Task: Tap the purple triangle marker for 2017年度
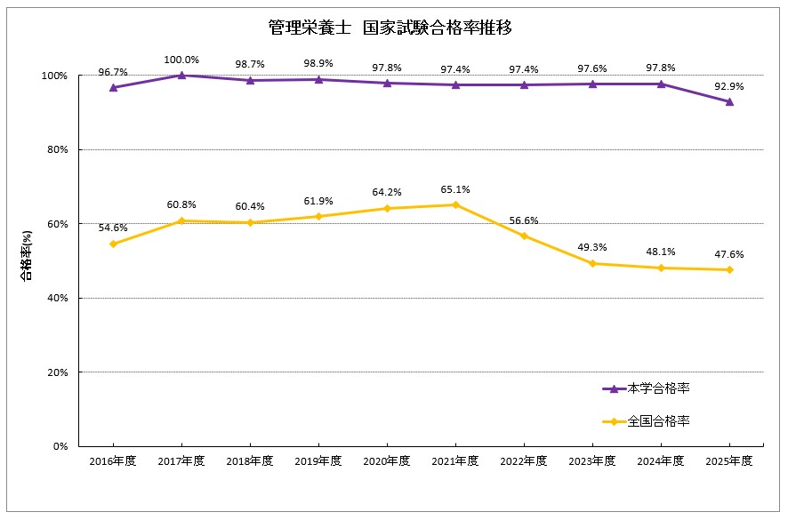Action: click(x=181, y=76)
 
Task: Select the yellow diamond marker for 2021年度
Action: click(x=455, y=204)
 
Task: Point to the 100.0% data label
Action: click(x=181, y=60)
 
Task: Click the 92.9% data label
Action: click(x=729, y=86)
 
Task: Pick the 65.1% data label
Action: click(x=455, y=189)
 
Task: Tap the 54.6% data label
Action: click(x=113, y=228)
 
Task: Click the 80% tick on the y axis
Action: click(x=56, y=149)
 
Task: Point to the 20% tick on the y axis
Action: click(x=56, y=372)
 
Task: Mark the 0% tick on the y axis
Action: click(x=59, y=446)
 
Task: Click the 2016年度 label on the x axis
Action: click(x=113, y=460)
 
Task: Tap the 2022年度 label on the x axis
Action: click(x=524, y=460)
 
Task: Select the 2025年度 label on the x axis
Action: click(x=729, y=460)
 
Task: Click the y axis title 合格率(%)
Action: click(x=27, y=256)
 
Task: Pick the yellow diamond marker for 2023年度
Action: click(x=592, y=263)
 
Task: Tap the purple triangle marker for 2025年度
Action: click(x=729, y=101)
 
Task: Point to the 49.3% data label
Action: click(x=592, y=248)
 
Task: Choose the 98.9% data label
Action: click(x=318, y=65)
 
